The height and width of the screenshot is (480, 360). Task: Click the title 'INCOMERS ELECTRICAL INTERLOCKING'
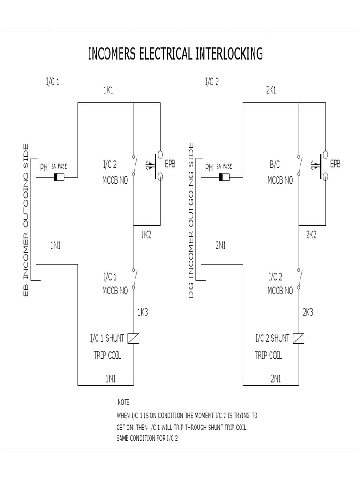[x=175, y=54]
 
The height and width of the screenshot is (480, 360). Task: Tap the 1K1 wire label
[x=108, y=90]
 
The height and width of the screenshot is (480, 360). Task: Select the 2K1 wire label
[x=271, y=90]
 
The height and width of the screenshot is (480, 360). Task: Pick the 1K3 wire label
[x=142, y=312]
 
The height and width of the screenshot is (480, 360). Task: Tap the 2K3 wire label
[x=307, y=312]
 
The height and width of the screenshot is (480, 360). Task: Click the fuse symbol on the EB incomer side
[x=60, y=177]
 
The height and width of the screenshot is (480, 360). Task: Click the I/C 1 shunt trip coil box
[x=134, y=338]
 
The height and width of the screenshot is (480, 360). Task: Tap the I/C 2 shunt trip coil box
[x=299, y=338]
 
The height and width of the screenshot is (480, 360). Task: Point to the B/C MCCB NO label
[x=280, y=172]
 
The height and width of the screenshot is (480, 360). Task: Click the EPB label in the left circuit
[x=170, y=164]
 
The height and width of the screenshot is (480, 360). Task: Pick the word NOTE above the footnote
[x=123, y=402]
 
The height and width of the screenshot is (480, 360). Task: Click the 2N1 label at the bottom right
[x=275, y=377]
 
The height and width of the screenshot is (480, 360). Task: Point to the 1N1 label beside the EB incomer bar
[x=56, y=246]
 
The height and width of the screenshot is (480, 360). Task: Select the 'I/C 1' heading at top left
[x=52, y=82]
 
